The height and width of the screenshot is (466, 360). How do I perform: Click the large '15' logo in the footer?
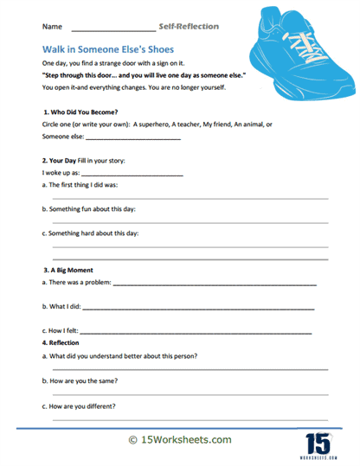click(318, 440)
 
